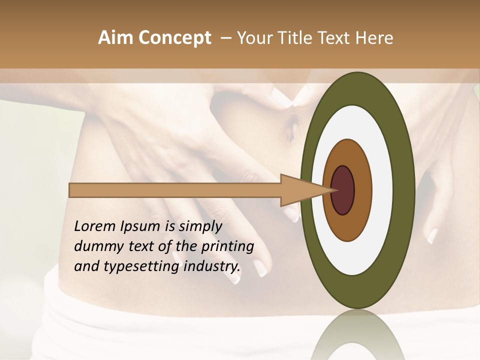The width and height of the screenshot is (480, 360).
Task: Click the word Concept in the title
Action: [x=174, y=38]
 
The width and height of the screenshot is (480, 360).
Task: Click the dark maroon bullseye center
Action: [x=342, y=190]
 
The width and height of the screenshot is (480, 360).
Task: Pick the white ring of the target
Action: [x=382, y=190]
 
